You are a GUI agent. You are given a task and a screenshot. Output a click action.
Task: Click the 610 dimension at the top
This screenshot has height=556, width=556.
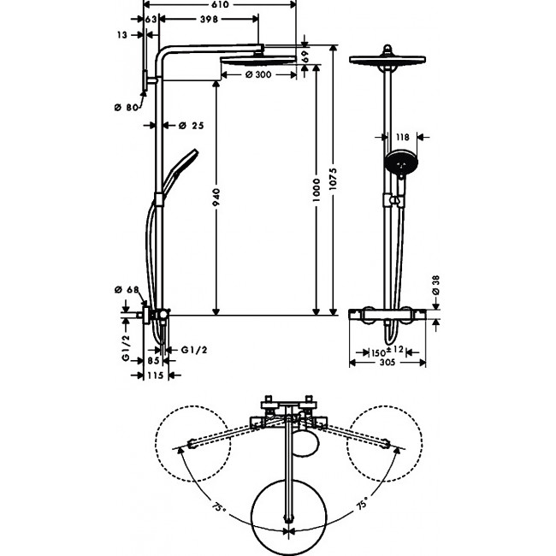pos(220,4)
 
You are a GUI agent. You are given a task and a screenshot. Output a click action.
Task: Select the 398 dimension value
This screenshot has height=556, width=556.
pos(210,20)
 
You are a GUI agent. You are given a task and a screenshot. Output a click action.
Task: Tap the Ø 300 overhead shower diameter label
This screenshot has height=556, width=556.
pos(258,74)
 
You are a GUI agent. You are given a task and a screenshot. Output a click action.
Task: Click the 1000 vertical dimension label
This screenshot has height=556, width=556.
pos(316,190)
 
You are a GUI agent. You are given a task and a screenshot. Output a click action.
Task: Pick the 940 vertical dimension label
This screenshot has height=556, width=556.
pos(216,197)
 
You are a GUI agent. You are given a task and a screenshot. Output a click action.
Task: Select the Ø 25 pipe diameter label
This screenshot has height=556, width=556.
pos(191,125)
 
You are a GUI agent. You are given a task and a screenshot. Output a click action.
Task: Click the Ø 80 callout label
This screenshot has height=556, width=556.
pos(127,107)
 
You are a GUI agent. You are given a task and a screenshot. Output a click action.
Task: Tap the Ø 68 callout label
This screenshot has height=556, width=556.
pos(127,290)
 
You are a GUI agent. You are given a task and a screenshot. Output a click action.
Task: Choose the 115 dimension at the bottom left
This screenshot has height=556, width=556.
pos(156,375)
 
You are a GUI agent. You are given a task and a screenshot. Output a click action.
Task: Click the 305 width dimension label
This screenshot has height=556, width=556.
pos(387,363)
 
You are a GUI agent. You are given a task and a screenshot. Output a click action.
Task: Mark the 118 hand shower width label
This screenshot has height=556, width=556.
pos(403,137)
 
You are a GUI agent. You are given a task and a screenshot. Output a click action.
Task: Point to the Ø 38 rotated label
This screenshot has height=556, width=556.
pos(435,285)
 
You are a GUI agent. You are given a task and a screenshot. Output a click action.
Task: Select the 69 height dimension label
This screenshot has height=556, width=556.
pos(305,56)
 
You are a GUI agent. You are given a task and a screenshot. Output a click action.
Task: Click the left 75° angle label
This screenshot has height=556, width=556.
pos(219,507)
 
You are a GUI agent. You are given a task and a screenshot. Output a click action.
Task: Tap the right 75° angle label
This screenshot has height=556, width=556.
pos(362,503)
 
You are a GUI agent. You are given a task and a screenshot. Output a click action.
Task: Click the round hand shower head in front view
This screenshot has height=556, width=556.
pos(401,162)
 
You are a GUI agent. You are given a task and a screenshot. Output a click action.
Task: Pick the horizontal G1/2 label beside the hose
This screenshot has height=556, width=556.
pos(194,350)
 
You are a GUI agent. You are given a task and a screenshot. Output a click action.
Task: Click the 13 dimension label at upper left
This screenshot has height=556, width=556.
pos(121,35)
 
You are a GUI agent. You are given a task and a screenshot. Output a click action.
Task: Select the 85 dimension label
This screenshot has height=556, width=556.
pos(153,361)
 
